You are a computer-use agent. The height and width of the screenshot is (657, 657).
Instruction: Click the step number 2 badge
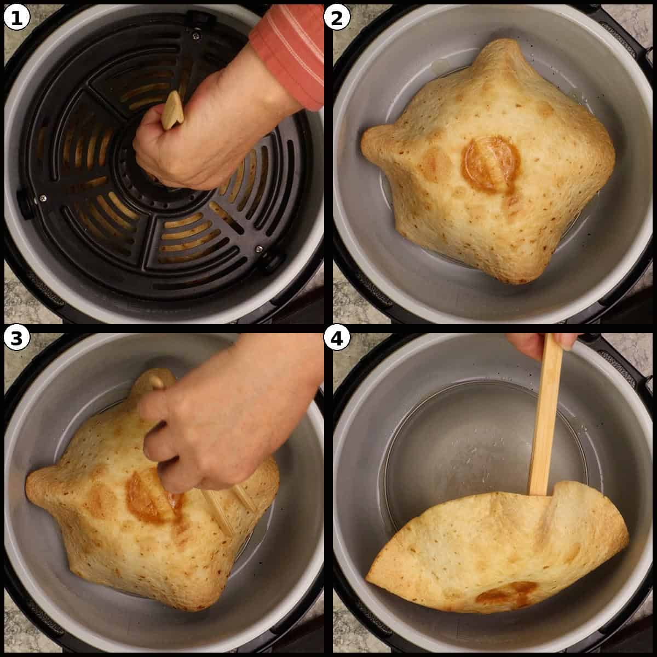337,18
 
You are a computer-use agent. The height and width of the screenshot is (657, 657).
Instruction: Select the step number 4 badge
337,339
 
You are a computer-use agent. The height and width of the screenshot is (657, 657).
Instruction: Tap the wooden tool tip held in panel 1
172,109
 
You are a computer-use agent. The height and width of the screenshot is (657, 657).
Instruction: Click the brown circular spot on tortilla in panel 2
489,163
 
